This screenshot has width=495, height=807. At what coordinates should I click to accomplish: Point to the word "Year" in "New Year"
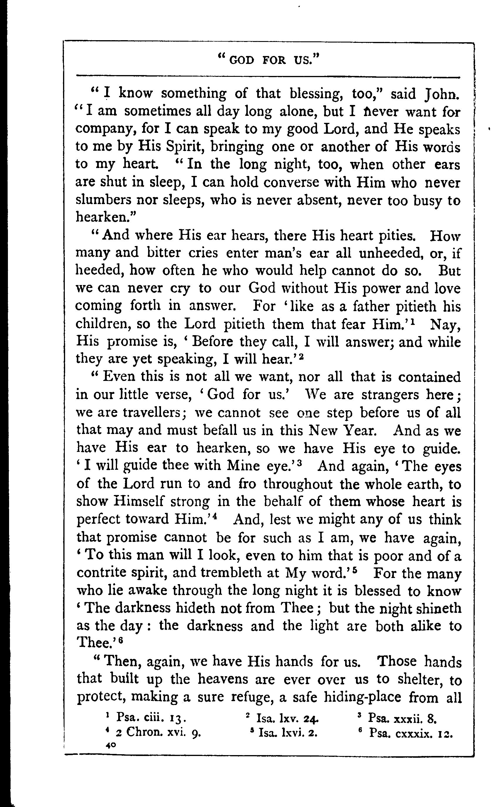pyautogui.click(x=360, y=430)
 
